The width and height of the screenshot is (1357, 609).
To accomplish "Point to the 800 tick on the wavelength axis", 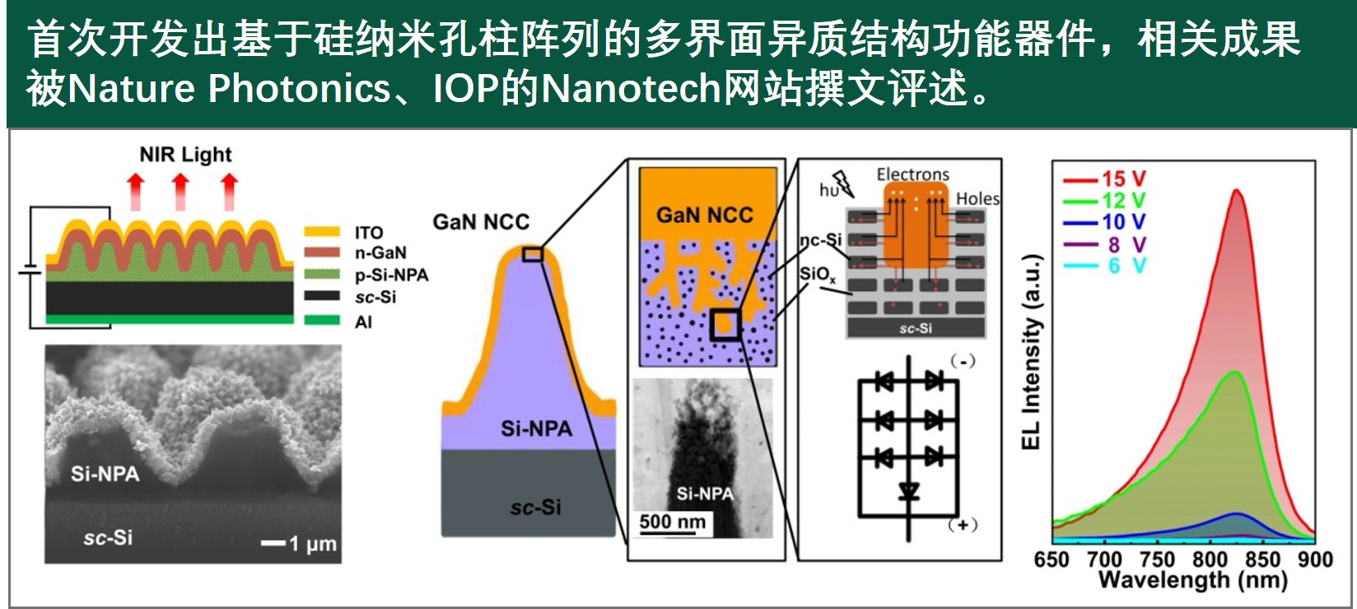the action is click(1210, 560).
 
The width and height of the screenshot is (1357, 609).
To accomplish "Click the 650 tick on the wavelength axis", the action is click(1052, 560).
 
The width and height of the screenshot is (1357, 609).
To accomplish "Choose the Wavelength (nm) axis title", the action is click(1192, 580).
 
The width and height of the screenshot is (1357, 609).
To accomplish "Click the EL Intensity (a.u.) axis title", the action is click(1032, 351).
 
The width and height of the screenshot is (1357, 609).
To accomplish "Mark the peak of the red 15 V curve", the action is click(1236, 190).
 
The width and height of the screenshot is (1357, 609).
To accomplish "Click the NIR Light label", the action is click(185, 155).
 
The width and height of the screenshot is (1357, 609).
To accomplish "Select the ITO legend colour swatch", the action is click(322, 232).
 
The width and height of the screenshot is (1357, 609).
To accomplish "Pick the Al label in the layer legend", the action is click(363, 322).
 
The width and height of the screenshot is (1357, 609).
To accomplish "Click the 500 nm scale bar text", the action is click(672, 522).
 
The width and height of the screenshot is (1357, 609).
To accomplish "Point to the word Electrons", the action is click(912, 174).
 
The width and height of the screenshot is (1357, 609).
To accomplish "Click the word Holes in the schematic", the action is click(977, 198).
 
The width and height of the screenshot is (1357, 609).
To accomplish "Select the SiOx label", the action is click(817, 275).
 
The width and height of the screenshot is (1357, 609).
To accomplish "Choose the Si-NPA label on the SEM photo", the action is click(105, 473).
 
